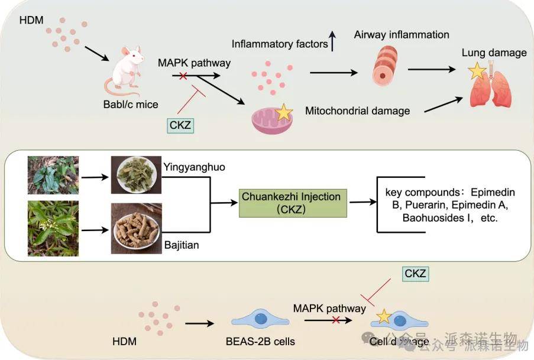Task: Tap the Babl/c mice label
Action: [131, 105]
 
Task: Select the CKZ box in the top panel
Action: [180, 125]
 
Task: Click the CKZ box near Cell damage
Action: [415, 273]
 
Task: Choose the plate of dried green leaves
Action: [136, 175]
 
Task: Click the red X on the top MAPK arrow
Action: [184, 76]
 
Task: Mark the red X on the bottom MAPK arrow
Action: [336, 320]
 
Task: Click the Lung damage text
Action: [494, 53]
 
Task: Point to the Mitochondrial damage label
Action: [357, 111]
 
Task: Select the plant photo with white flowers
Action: [53, 228]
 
